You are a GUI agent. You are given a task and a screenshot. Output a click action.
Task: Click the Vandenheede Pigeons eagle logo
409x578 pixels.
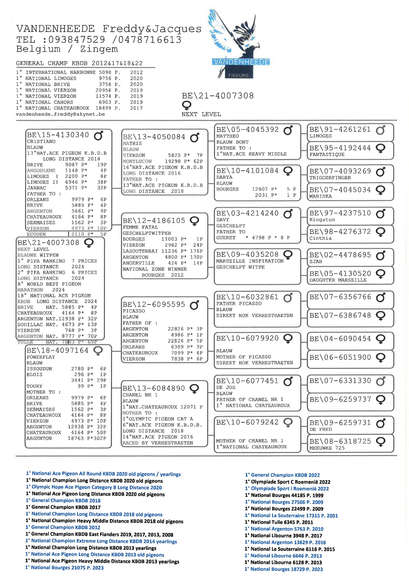tap(239, 44)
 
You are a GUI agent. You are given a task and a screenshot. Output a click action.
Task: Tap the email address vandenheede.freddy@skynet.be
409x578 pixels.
tap(60, 114)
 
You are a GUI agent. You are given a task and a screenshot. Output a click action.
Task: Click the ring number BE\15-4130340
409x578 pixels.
tap(58, 135)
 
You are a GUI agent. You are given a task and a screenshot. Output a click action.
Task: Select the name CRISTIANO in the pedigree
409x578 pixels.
tap(41, 141)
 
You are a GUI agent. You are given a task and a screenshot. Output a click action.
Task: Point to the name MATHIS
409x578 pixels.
tap(132, 144)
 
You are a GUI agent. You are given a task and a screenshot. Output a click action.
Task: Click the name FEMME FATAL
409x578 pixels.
tap(140, 227)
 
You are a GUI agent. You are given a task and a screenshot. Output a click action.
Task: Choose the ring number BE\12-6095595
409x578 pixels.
tap(154, 304)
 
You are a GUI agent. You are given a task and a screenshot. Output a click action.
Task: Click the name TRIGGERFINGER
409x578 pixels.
tap(330, 178)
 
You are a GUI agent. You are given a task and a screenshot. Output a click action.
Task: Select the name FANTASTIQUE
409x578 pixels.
tap(327, 154)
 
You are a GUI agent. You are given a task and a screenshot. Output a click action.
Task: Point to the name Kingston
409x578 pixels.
tap(322, 220)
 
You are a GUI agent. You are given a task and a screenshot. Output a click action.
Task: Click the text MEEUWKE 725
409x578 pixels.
tap(327, 448)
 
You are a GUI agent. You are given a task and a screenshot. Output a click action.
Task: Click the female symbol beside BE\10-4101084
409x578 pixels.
tap(288, 171)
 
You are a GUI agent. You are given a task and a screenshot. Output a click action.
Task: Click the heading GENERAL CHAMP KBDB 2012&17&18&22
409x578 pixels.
tap(79, 63)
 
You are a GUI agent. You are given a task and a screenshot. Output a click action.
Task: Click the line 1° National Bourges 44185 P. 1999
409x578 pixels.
tap(284, 495)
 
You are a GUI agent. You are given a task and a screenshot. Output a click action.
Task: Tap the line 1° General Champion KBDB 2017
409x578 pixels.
tap(63, 507)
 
